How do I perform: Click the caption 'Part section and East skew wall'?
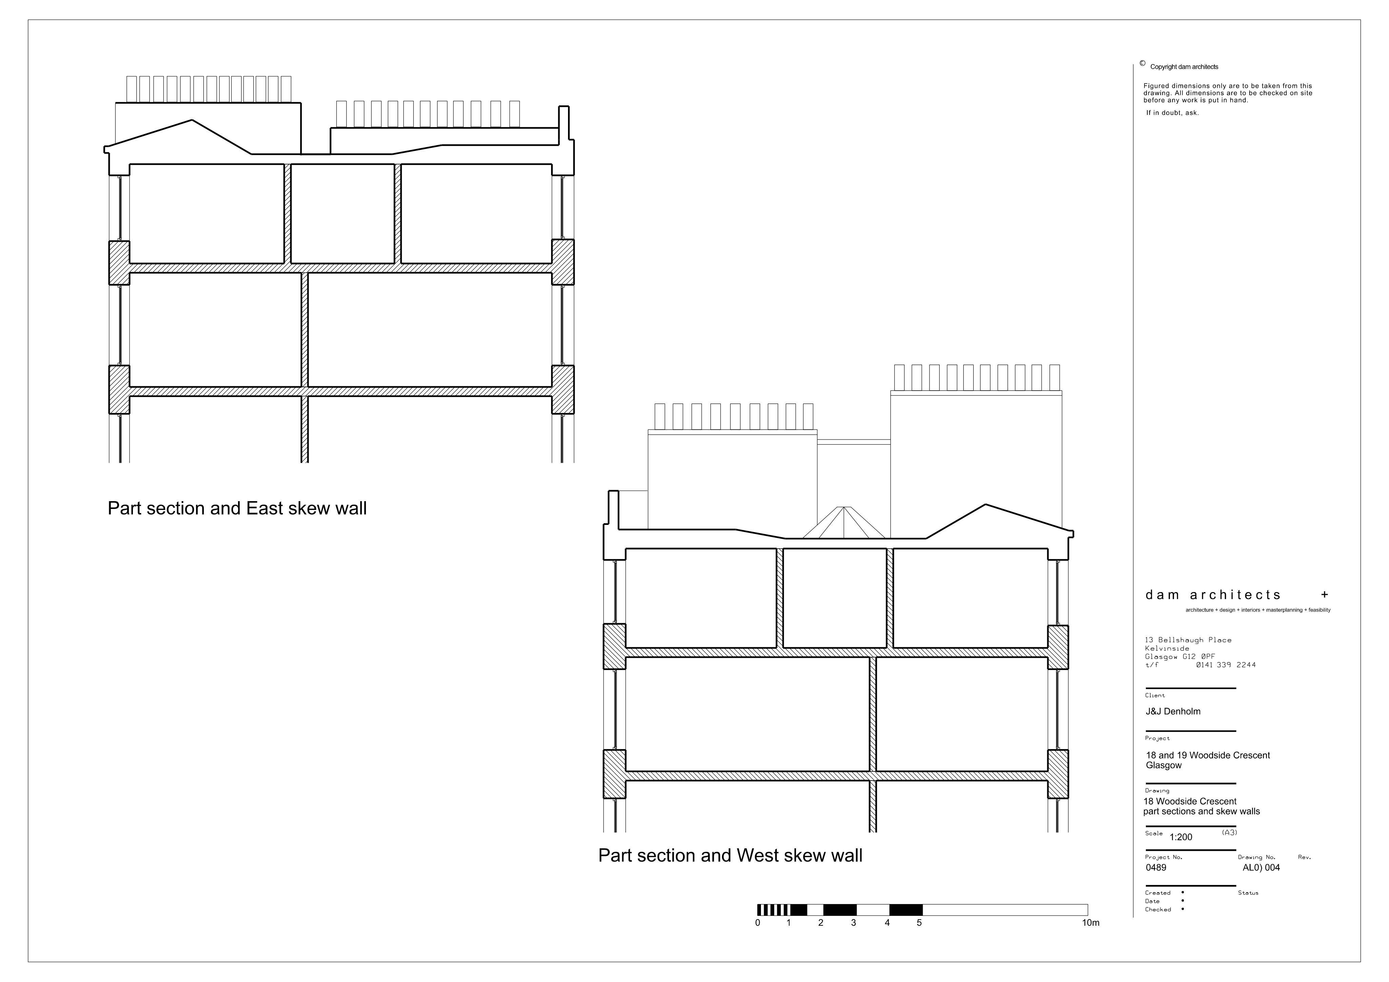click(x=237, y=508)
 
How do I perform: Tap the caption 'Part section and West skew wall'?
click(x=730, y=856)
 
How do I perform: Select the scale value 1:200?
click(x=1181, y=838)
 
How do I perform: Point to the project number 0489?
click(x=1156, y=868)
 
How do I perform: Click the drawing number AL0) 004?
click(x=1262, y=868)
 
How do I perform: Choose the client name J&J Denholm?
click(x=1173, y=711)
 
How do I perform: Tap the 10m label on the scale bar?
click(x=1091, y=923)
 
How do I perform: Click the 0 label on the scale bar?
click(x=758, y=923)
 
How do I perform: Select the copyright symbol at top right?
click(x=1142, y=63)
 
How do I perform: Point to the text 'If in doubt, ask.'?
click(x=1172, y=113)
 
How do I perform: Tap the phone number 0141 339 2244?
click(x=1226, y=665)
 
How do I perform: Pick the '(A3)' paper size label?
click(x=1229, y=832)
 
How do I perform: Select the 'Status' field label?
click(x=1248, y=893)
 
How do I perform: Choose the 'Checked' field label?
click(x=1158, y=909)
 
